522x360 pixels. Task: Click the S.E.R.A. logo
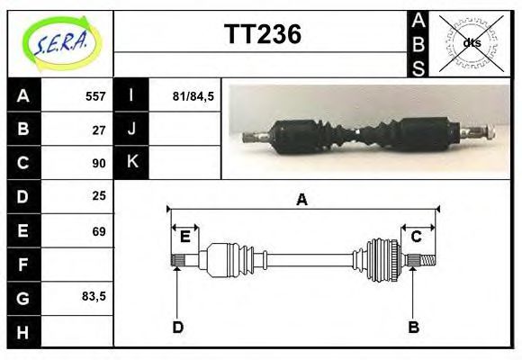click(62, 43)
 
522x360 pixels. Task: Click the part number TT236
click(263, 34)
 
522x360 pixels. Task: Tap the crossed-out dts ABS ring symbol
click(471, 43)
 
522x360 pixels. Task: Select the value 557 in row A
click(95, 96)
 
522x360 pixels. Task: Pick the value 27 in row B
click(99, 130)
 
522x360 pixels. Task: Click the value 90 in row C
click(99, 163)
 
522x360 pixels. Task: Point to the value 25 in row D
click(99, 196)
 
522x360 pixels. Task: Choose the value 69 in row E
click(99, 231)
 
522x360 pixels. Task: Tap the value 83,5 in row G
click(94, 296)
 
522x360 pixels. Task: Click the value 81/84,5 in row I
click(193, 96)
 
